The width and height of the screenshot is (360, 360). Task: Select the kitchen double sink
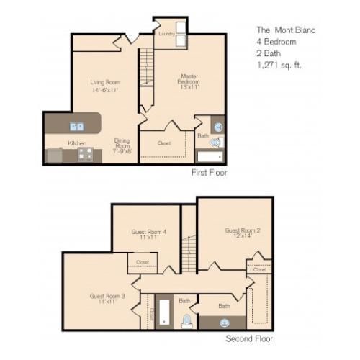tap(76, 127)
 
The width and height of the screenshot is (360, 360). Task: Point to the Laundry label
tap(167, 33)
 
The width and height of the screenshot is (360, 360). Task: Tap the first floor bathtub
tap(211, 156)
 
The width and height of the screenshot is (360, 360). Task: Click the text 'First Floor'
tap(210, 174)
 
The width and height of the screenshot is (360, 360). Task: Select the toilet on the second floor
tap(186, 320)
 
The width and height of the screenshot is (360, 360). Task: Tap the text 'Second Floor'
tap(248, 338)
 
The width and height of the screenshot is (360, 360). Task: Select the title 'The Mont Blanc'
tap(286, 31)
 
